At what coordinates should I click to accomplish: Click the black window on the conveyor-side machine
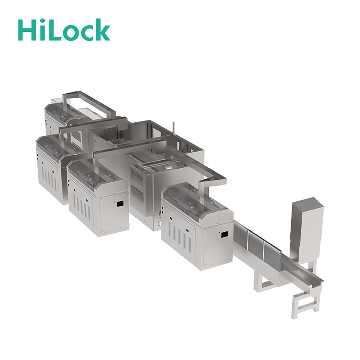[x=224, y=235]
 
